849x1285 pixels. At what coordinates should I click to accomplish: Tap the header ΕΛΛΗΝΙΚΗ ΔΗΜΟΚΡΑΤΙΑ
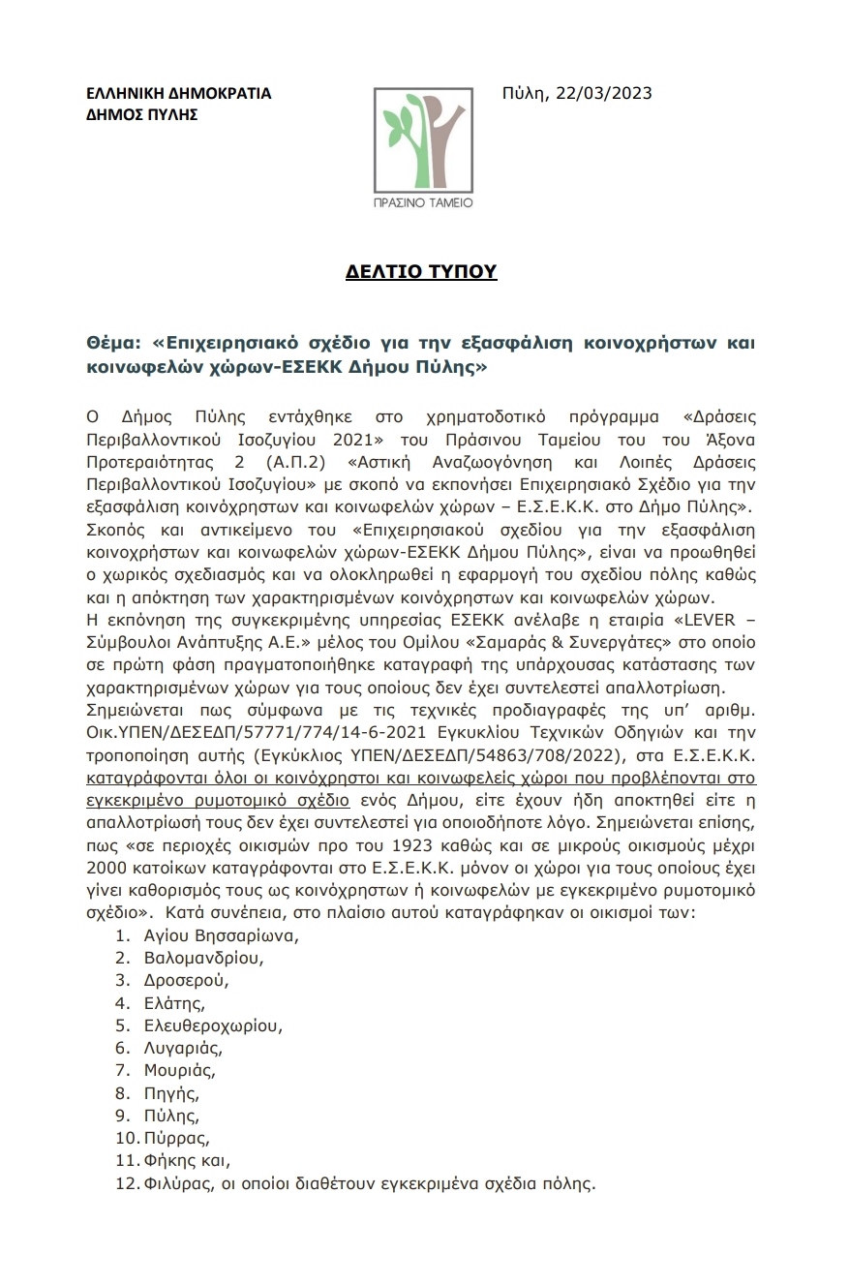(178, 94)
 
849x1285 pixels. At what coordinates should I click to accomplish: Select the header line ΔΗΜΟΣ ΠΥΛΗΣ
(141, 114)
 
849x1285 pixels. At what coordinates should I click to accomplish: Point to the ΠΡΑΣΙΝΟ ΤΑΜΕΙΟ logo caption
(424, 203)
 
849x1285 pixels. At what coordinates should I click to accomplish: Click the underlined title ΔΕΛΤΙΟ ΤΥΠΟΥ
(421, 272)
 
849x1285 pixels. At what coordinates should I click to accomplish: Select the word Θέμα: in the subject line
(112, 343)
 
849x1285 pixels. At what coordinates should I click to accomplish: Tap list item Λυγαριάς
(183, 1048)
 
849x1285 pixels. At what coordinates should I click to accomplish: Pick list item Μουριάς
(179, 1070)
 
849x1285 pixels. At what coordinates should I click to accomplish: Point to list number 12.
(126, 1182)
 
